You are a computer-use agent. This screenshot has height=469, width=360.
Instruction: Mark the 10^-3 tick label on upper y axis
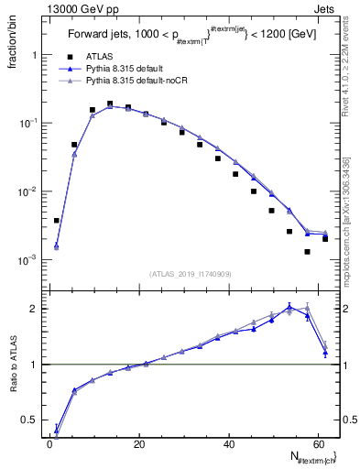27,260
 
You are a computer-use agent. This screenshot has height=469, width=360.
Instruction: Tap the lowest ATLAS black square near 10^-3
308,252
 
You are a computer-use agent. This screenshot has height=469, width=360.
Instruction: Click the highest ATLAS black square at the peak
110,104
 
